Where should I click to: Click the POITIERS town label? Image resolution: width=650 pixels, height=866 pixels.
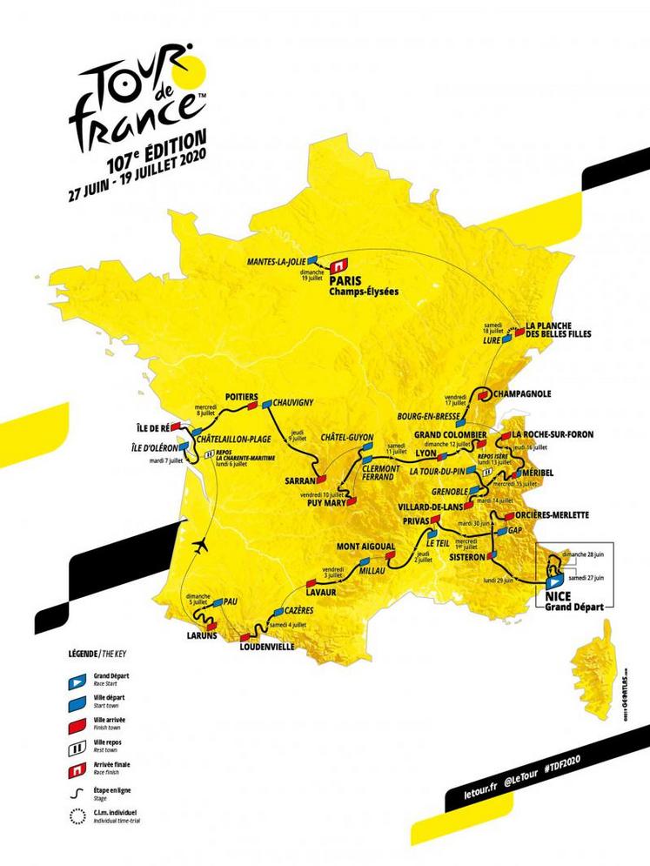coord(241,394)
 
